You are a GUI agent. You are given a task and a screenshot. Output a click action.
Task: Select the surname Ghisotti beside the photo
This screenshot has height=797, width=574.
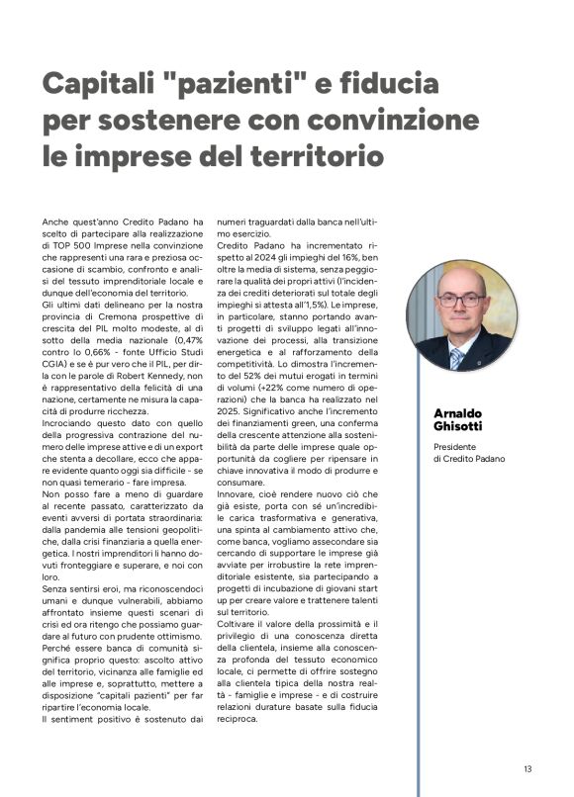pyautogui.click(x=461, y=425)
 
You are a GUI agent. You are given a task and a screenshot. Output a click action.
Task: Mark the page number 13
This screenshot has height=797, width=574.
pyautogui.click(x=529, y=767)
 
